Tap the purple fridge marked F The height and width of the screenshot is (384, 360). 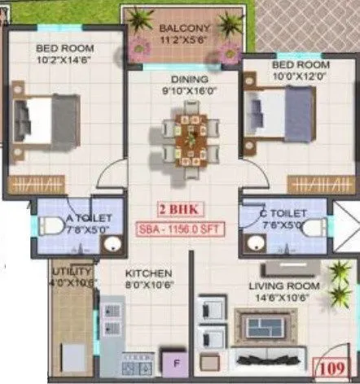tap(173, 359)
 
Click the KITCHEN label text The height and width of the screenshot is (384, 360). tap(148, 273)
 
